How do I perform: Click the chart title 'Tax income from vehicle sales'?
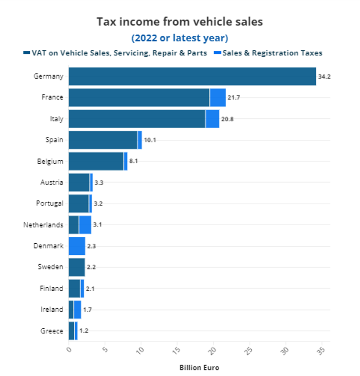(x=180, y=22)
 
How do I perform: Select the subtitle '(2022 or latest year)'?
(x=180, y=38)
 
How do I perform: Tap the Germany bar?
(x=192, y=76)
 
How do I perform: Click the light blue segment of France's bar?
(x=217, y=97)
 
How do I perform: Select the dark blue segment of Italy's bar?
(x=137, y=119)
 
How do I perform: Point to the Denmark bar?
(x=77, y=246)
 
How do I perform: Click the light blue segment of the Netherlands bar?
(x=85, y=225)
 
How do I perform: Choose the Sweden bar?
(x=76, y=267)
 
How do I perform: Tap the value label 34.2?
(x=324, y=77)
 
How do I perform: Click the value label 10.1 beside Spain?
(x=150, y=140)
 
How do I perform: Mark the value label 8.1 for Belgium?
(x=133, y=161)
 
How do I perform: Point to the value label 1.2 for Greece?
(x=84, y=331)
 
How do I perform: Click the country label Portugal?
(x=50, y=203)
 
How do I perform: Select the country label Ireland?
(x=52, y=309)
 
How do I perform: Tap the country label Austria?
(x=52, y=182)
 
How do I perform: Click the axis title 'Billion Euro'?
(x=199, y=368)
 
